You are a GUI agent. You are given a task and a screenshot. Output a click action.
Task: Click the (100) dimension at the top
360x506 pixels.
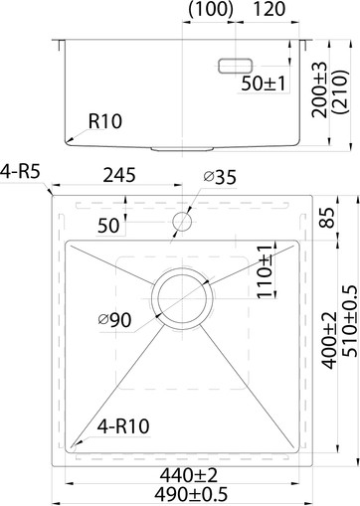click(210, 10)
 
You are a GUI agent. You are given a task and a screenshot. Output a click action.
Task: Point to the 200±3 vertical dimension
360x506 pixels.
click(318, 92)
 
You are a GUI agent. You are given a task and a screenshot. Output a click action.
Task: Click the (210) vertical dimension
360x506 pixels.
click(340, 92)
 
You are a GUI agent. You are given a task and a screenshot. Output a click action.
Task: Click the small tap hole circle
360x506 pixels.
click(182, 220)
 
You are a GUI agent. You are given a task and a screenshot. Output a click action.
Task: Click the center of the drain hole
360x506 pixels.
click(181, 296)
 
